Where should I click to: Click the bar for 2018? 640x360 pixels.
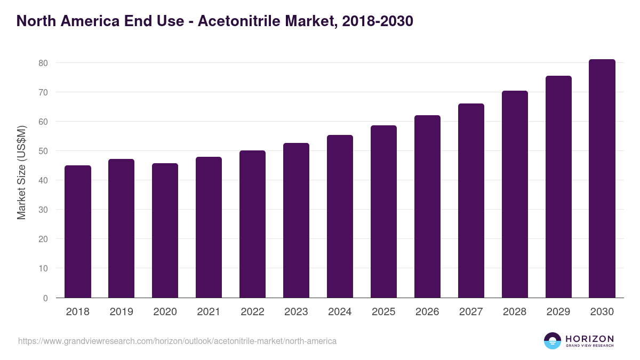coord(78,231)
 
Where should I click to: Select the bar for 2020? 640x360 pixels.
coord(165,230)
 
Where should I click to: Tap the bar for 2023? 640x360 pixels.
coord(297,220)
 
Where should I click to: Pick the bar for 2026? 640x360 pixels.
coord(428,206)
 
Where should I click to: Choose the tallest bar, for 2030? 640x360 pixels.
coord(602,179)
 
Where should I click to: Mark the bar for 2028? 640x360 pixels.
coord(515,194)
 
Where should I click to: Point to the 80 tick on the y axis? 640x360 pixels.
coord(43,63)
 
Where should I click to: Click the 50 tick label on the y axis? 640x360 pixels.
coord(43,151)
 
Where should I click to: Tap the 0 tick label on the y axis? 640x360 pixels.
coord(45,298)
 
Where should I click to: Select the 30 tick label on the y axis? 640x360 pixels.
coord(43,210)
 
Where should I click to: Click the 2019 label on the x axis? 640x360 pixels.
coord(122,312)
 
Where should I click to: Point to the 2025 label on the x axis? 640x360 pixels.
coord(384,312)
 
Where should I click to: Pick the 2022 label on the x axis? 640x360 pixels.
coord(253,312)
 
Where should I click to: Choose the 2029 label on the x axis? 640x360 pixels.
coord(558,312)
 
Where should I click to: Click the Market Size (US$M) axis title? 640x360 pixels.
coord(21,173)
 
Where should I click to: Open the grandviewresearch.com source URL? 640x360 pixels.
coord(177,341)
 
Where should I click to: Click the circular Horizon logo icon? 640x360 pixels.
coord(553,341)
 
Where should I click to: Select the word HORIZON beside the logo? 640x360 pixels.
coord(589,339)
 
